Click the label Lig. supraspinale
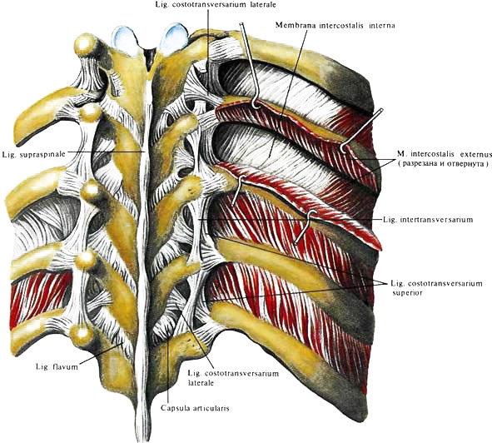pyautogui.click(x=34, y=155)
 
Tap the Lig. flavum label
pyautogui.click(x=57, y=366)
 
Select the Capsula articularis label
pyautogui.click(x=195, y=408)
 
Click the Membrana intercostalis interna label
pyautogui.click(x=335, y=25)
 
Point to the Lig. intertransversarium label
pyautogui.click(x=428, y=219)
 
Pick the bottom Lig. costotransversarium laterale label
pyautogui.click(x=233, y=378)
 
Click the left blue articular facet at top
pyautogui.click(x=126, y=39)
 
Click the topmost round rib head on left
pyautogui.click(x=86, y=45)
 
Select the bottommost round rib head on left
pyautogui.click(x=81, y=335)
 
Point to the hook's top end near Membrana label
pyautogui.click(x=241, y=23)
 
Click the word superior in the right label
pyautogui.click(x=407, y=293)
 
